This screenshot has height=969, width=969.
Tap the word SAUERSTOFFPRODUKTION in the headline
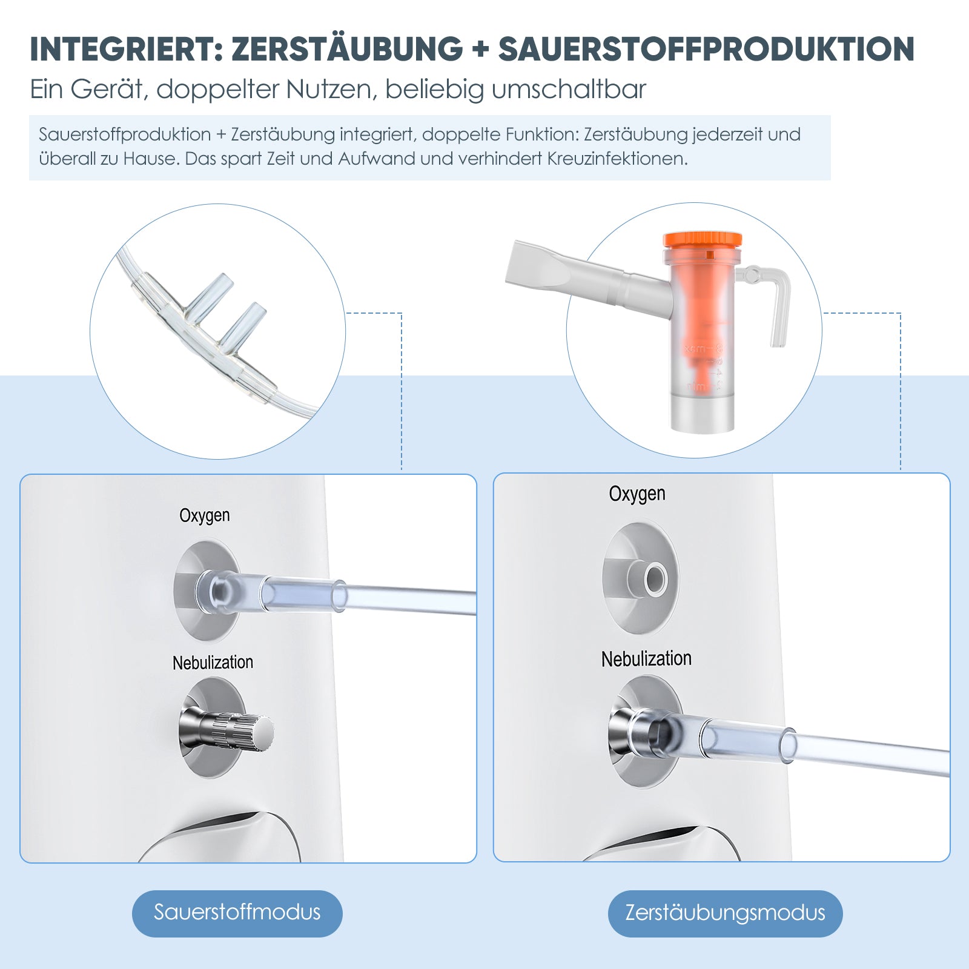706,49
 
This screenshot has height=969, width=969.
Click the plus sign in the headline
480,49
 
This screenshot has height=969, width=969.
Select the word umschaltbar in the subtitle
569,89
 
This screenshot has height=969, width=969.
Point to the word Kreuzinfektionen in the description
617,159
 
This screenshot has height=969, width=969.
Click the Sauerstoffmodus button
237,913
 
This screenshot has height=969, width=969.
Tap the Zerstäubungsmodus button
725,913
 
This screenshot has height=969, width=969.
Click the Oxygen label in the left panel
205,515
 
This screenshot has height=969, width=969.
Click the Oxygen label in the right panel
637,494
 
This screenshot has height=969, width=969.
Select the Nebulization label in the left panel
213,663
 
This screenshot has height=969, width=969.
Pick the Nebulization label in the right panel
646,659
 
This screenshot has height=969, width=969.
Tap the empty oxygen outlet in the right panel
653,579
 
